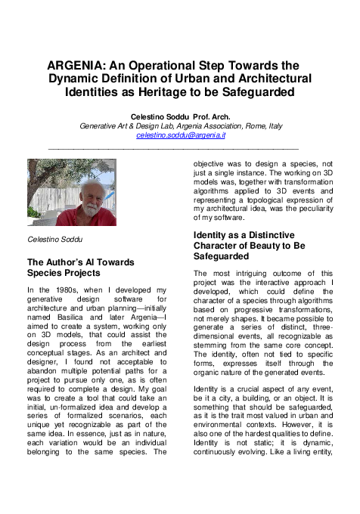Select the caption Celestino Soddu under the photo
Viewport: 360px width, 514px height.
coord(52,240)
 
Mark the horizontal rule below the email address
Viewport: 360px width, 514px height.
coord(180,148)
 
